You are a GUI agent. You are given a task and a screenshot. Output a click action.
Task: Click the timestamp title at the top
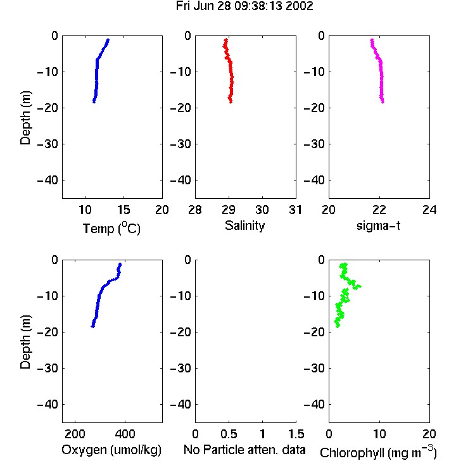click(244, 6)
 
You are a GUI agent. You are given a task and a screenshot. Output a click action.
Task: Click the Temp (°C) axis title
click(111, 228)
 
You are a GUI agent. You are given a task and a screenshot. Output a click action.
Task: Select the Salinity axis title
click(244, 226)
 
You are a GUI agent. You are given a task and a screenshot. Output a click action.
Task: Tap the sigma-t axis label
click(378, 225)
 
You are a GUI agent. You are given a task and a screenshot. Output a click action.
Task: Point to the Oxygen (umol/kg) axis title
click(111, 450)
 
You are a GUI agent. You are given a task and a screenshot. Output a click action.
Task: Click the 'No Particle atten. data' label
click(244, 450)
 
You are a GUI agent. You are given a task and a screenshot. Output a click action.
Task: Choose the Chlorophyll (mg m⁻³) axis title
click(378, 452)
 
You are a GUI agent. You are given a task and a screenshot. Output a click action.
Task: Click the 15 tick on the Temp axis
click(123, 210)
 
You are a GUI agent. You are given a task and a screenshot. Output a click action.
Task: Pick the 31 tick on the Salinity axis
click(295, 210)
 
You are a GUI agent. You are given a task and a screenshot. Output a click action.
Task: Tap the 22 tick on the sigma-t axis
click(379, 210)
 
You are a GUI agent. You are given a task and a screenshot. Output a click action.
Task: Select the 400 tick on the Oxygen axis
click(125, 434)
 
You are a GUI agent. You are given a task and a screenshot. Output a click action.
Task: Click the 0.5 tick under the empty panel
click(229, 434)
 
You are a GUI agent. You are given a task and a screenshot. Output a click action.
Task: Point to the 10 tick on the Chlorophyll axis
click(379, 434)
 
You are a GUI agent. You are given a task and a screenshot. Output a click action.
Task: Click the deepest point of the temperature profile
click(94, 102)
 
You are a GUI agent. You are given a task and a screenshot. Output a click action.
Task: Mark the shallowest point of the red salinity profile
click(225, 40)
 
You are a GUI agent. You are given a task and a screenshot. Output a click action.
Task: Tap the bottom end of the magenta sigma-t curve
click(383, 102)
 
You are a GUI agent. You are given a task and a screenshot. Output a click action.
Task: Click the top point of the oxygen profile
click(120, 264)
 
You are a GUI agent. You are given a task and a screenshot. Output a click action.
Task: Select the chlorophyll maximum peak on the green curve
click(359, 286)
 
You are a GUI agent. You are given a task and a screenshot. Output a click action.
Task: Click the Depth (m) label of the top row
click(25, 118)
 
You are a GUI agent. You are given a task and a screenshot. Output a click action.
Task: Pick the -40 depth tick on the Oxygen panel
click(47, 404)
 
